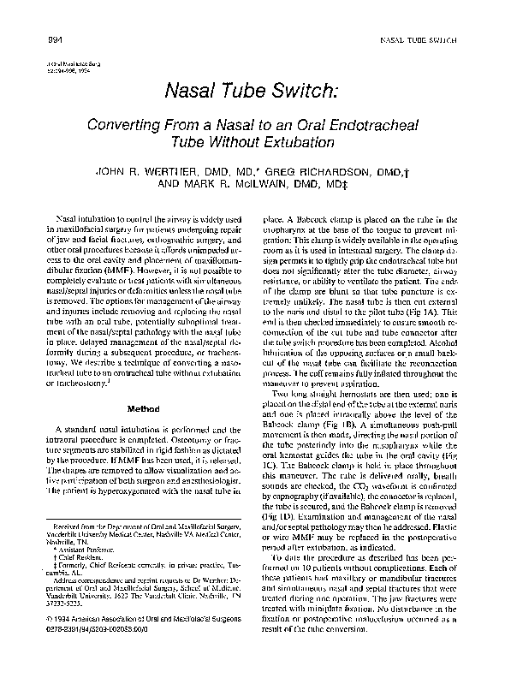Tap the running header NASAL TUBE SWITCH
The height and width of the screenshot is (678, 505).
coord(415,42)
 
